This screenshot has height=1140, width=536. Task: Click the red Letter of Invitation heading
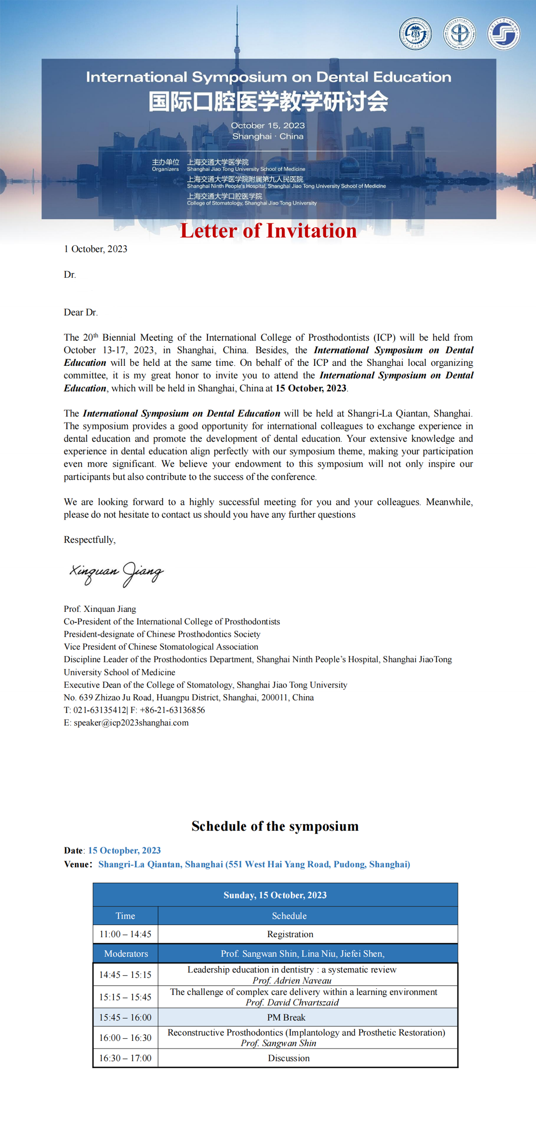(269, 231)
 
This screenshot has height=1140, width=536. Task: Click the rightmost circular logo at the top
(504, 34)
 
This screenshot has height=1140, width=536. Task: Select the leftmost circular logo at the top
(415, 34)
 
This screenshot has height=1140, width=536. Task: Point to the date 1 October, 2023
(96, 249)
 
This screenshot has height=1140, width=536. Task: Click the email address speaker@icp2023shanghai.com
(131, 723)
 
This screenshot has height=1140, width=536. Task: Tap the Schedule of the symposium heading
(275, 826)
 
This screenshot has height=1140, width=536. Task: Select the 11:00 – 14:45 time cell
(125, 934)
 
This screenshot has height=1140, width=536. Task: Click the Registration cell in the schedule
(290, 934)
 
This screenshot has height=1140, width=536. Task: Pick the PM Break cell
(286, 1017)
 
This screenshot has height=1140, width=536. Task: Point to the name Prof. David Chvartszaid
(292, 1003)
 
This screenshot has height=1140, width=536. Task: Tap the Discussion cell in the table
(289, 1058)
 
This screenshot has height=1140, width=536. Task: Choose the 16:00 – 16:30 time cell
(125, 1038)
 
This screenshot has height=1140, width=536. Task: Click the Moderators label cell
(126, 954)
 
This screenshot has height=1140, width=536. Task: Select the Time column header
(125, 916)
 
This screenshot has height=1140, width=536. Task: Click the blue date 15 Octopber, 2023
(124, 851)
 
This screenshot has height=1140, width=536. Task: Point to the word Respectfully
(90, 540)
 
